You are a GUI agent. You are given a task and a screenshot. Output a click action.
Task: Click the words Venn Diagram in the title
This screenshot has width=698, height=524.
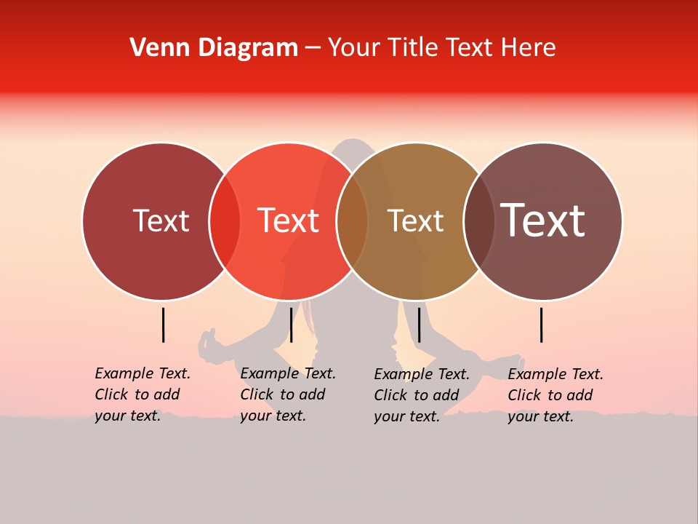tap(214, 48)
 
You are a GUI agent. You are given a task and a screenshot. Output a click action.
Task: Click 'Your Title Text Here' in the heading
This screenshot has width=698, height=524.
tap(441, 48)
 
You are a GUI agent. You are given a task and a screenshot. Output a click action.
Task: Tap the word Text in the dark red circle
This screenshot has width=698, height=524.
tap(161, 221)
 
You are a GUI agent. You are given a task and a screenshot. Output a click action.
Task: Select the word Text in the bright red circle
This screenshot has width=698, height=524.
tap(289, 221)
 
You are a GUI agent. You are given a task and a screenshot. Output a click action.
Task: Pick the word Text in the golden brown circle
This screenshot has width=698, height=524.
tap(415, 221)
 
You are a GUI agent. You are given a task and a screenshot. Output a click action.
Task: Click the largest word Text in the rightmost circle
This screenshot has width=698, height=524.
tap(543, 221)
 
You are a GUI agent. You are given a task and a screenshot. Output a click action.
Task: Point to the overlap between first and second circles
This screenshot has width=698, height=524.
tap(225, 221)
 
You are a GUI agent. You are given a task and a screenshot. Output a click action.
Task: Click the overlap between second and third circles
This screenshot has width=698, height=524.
tap(352, 221)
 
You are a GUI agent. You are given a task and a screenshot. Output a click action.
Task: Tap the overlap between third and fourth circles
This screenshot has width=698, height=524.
tap(479, 221)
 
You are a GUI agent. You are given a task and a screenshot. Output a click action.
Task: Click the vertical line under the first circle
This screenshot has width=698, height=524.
tap(164, 325)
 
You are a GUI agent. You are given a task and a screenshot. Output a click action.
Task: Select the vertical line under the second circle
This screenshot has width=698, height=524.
tap(291, 325)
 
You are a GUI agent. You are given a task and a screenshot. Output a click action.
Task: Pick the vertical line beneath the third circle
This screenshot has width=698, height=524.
tap(419, 325)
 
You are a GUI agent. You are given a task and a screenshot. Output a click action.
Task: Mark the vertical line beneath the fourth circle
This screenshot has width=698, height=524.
tap(542, 325)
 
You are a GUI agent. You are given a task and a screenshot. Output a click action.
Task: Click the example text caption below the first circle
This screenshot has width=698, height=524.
tap(142, 394)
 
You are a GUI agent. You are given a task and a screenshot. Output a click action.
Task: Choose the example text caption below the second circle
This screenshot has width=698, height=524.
tap(287, 394)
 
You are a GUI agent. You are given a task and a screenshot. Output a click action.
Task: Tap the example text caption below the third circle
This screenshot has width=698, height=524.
tap(421, 395)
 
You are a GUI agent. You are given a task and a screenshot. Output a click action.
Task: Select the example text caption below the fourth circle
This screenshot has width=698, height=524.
tap(555, 395)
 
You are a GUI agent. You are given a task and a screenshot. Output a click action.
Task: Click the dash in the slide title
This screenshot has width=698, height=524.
tap(313, 49)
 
